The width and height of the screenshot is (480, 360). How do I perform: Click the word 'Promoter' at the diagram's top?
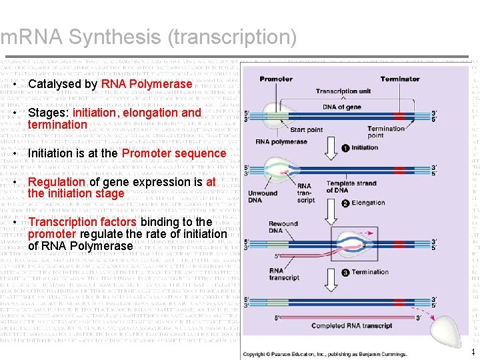(x=276, y=79)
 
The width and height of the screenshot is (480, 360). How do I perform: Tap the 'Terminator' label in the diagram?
(x=400, y=79)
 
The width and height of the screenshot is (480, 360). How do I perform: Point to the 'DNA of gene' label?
(x=342, y=107)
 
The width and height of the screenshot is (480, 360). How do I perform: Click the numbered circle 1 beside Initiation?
(x=345, y=147)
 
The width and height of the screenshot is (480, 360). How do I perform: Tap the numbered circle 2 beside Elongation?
(x=345, y=203)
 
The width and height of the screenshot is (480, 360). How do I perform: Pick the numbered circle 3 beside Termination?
(x=345, y=272)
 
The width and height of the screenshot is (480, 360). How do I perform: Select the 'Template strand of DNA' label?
(x=347, y=186)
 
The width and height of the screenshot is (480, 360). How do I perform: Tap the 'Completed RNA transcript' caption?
(x=351, y=325)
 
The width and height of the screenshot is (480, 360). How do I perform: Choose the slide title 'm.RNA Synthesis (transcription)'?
(x=149, y=37)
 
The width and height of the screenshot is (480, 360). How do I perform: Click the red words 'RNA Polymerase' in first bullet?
(x=147, y=85)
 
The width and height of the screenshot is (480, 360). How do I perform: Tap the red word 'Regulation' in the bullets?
(x=57, y=182)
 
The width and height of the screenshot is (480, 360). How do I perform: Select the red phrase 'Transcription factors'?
(x=83, y=222)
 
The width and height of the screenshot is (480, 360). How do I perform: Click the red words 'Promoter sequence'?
(x=174, y=153)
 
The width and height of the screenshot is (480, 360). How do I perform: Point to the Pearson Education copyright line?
(x=325, y=354)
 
